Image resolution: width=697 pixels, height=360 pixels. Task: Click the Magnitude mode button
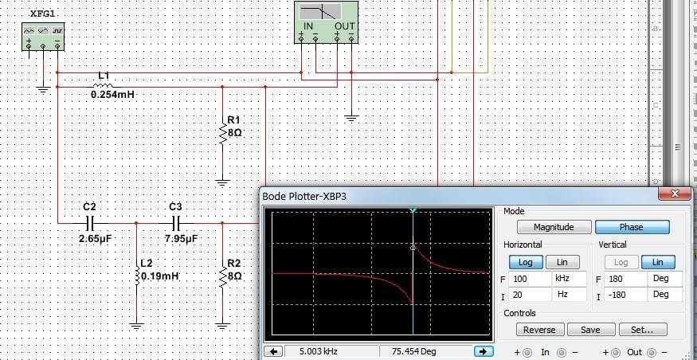pyautogui.click(x=554, y=227)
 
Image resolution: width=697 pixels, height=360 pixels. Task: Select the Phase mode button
pyautogui.click(x=632, y=227)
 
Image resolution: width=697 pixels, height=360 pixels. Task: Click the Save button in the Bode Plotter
pyautogui.click(x=590, y=330)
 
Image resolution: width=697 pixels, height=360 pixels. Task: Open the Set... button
pyautogui.click(x=642, y=330)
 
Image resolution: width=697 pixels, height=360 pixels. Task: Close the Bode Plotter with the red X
pyautogui.click(x=675, y=194)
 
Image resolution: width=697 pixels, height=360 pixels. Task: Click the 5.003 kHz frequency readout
pyautogui.click(x=317, y=351)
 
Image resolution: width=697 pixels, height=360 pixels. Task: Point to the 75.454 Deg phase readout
pyautogui.click(x=414, y=351)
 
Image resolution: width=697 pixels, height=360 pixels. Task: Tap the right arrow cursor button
pyautogui.click(x=484, y=351)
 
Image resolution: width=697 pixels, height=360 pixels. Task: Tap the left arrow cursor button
pyautogui.click(x=274, y=351)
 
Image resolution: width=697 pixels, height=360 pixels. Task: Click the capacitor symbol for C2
pyautogui.click(x=89, y=223)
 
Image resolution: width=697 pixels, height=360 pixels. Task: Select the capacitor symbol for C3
pyautogui.click(x=175, y=223)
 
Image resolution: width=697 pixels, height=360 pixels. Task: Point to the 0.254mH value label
pyautogui.click(x=112, y=95)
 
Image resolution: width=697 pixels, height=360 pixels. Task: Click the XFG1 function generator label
pyautogui.click(x=42, y=14)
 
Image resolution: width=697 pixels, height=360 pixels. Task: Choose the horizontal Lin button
pyautogui.click(x=562, y=262)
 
